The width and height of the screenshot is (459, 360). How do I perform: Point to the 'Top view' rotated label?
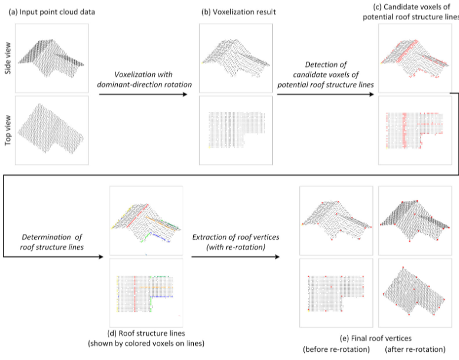tap(8, 130)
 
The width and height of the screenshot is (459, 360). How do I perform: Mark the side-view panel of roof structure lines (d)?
tap(146, 220)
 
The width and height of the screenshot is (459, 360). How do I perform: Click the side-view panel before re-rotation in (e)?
tap(336, 220)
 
